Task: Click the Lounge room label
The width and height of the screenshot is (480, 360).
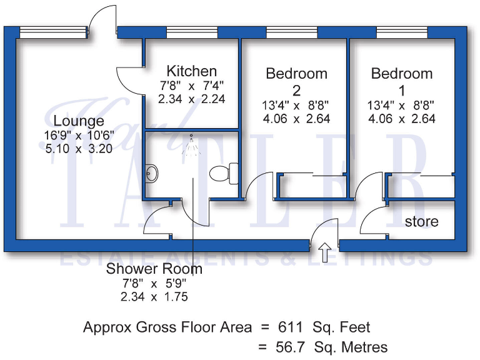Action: tap(79, 121)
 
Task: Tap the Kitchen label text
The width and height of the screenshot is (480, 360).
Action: tap(192, 71)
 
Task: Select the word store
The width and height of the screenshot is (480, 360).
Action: tap(421, 221)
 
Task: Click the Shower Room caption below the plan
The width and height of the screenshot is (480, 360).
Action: tap(154, 269)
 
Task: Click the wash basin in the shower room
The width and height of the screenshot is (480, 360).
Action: tap(151, 172)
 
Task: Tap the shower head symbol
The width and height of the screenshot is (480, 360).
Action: tap(191, 145)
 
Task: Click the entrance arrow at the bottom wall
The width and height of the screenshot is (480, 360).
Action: tap(324, 254)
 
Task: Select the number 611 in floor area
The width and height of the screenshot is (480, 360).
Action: tap(291, 327)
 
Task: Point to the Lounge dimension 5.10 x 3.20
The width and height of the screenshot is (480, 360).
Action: tap(79, 149)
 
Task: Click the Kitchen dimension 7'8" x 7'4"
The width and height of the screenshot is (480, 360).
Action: tap(192, 86)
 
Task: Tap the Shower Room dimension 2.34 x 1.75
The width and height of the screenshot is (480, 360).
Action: tap(154, 297)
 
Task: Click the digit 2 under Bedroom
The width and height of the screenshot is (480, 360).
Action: tap(296, 89)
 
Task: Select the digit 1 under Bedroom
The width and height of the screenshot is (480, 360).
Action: tap(402, 89)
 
